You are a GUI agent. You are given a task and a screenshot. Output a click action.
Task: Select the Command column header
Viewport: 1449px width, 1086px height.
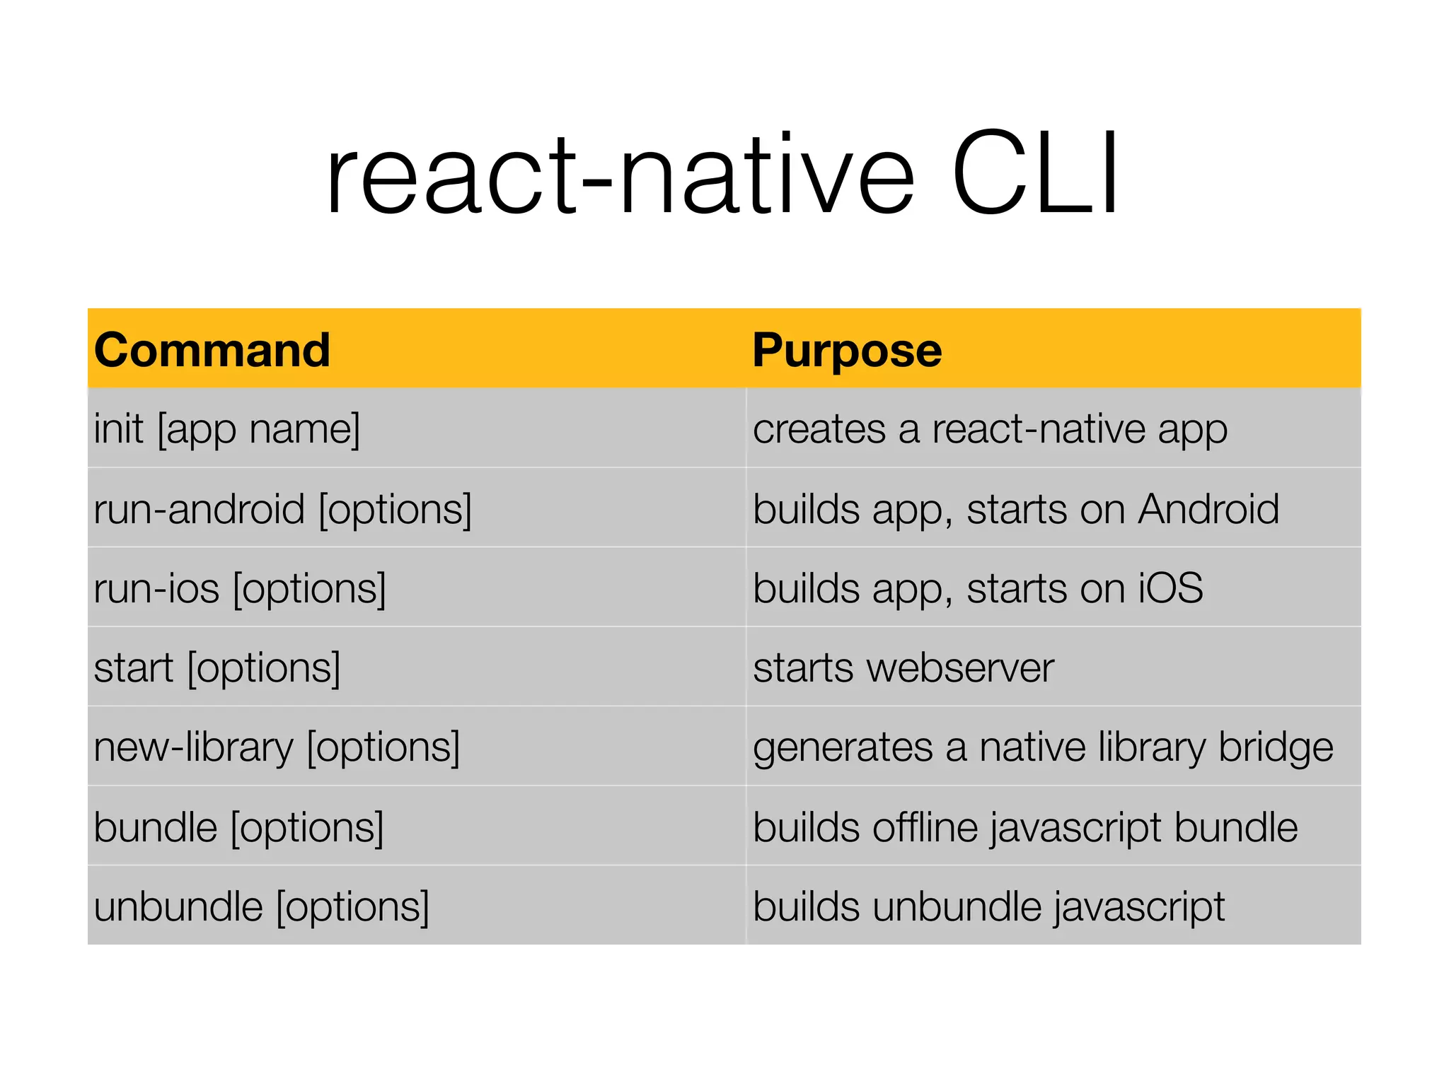[212, 350]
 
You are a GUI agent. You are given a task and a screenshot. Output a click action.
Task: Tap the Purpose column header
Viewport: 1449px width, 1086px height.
[846, 350]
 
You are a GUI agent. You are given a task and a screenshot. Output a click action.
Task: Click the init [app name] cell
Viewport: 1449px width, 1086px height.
[227, 429]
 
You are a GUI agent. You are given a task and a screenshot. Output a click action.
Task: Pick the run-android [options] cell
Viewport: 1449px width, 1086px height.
[282, 509]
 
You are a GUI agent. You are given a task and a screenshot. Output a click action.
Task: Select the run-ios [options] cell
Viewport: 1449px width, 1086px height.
[240, 588]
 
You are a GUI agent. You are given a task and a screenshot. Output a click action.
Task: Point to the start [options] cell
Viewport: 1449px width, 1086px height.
[217, 668]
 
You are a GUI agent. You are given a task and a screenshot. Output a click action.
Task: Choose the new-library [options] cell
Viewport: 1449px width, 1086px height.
[277, 747]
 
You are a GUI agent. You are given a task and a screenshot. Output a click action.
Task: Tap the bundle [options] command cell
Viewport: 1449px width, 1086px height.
[238, 827]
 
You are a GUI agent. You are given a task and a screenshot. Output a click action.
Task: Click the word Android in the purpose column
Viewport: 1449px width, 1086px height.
[1208, 509]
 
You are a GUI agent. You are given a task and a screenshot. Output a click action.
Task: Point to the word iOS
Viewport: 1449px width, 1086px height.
[1170, 588]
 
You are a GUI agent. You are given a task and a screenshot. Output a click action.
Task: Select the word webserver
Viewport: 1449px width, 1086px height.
[960, 668]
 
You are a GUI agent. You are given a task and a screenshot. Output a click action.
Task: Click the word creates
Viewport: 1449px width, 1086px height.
[819, 429]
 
